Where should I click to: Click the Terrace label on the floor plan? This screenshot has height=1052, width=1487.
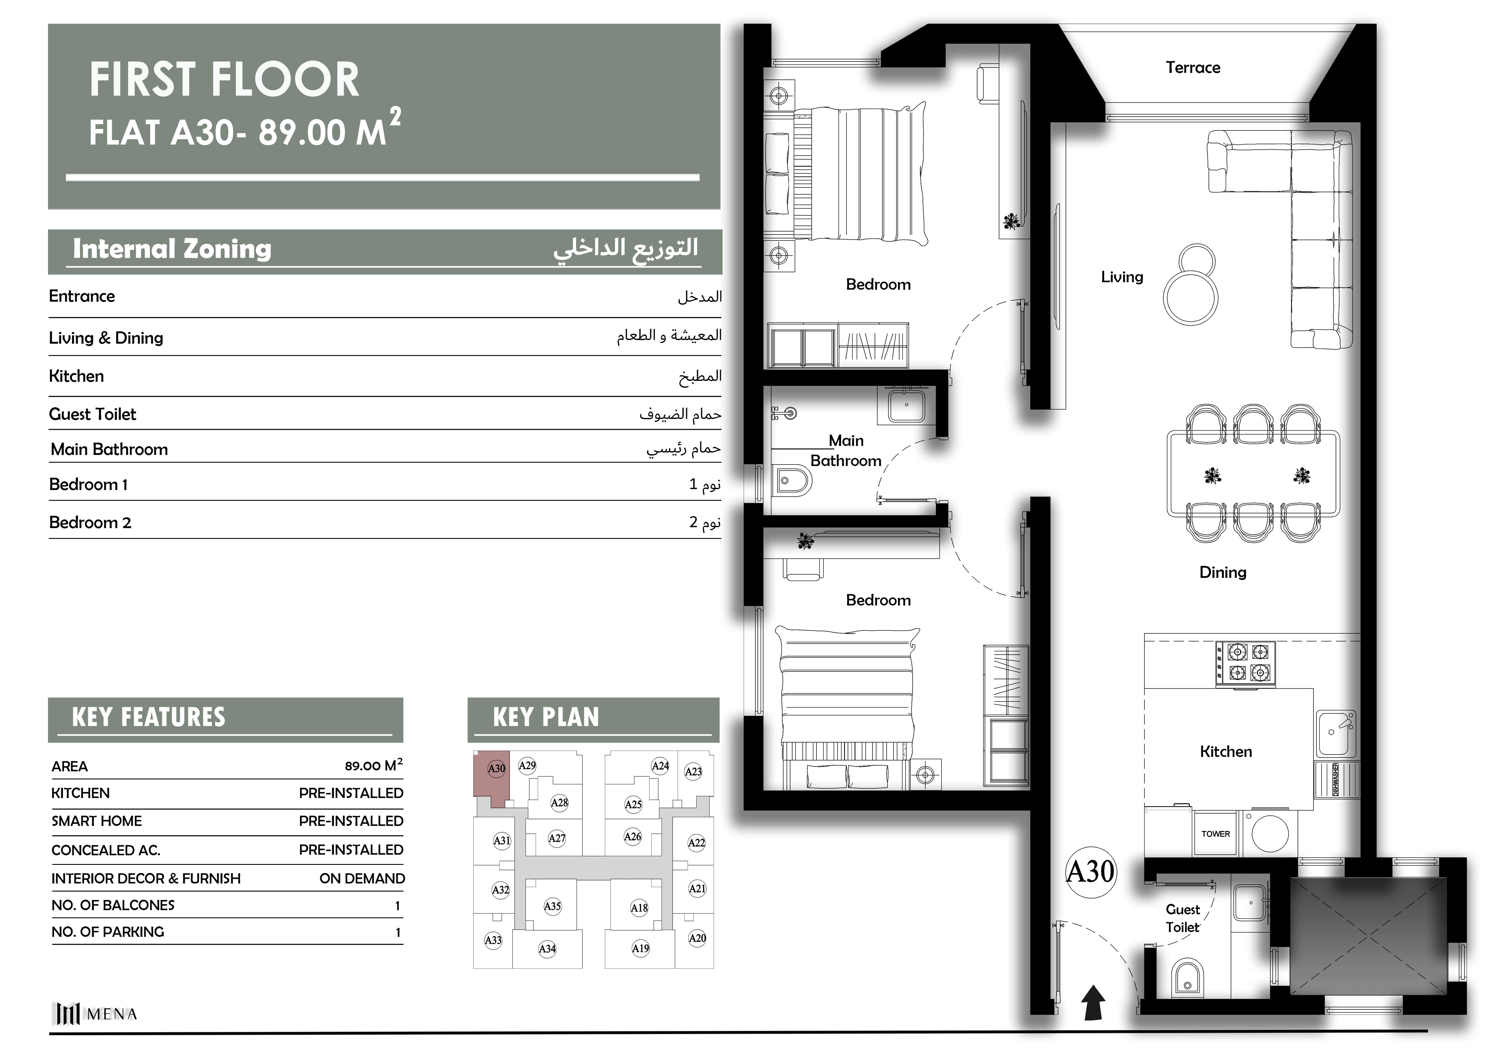click(1193, 67)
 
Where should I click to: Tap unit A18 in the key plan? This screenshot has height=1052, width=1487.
click(639, 907)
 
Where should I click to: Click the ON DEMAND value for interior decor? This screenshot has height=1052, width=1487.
click(362, 878)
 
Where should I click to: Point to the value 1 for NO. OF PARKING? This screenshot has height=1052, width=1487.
click(398, 932)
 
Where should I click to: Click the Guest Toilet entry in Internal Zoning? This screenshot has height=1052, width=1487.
click(93, 414)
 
